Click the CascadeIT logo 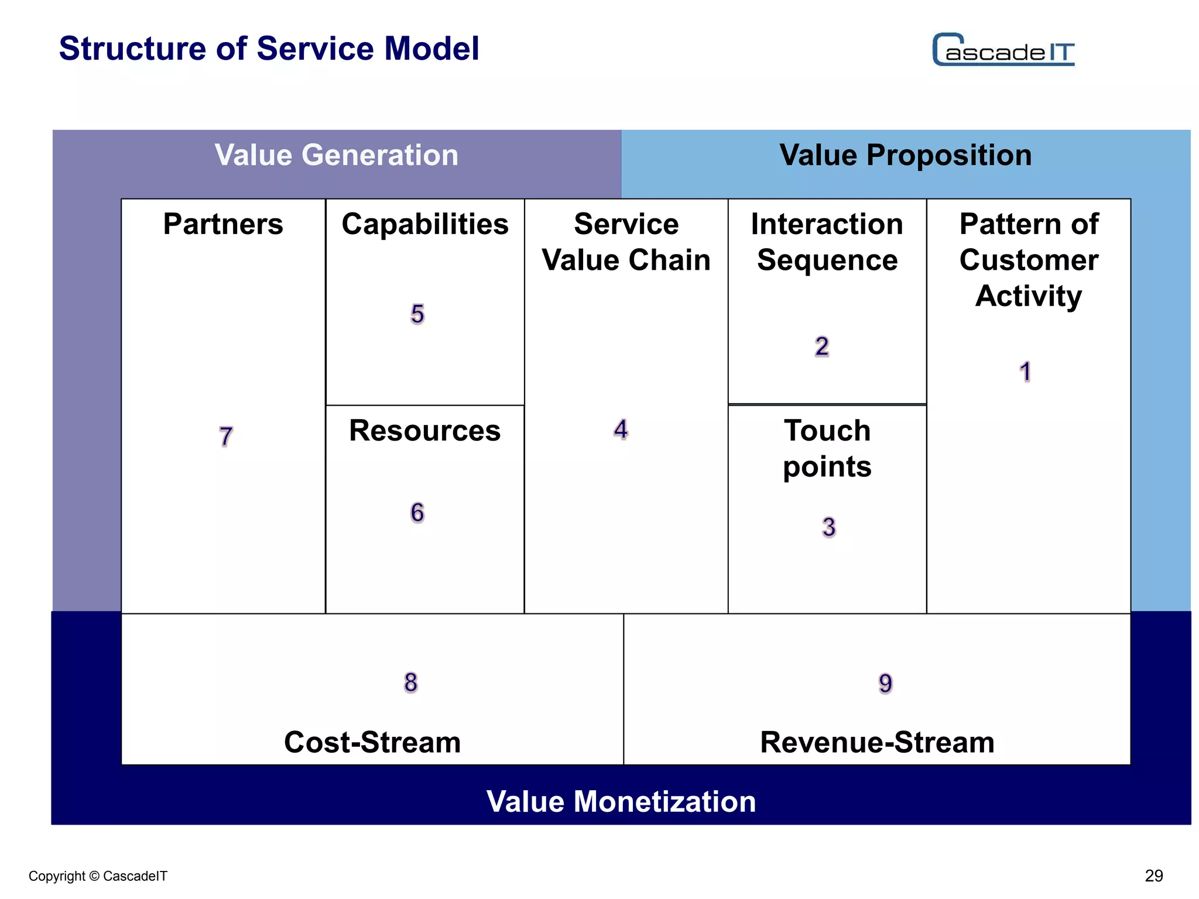(1003, 50)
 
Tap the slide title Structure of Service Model (269, 49)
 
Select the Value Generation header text (336, 155)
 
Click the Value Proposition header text (905, 155)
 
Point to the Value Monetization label (621, 801)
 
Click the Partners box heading (223, 224)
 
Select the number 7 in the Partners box (226, 437)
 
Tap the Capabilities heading (425, 224)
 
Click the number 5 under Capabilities (417, 314)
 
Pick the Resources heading (425, 431)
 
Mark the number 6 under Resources (417, 513)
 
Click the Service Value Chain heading (626, 242)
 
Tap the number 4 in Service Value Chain (621, 430)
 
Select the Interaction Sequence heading (827, 242)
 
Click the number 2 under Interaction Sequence (822, 346)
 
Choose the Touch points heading (827, 448)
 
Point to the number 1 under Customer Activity (1025, 372)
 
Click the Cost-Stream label (372, 742)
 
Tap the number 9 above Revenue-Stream (885, 683)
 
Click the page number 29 (1153, 876)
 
